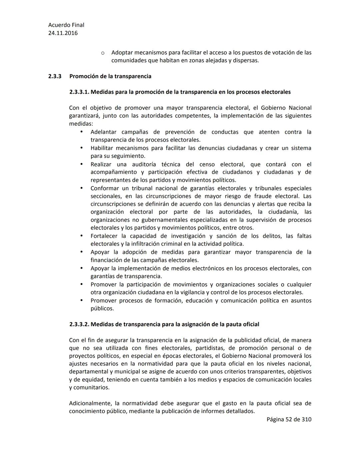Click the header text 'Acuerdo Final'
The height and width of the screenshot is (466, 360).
coord(66,25)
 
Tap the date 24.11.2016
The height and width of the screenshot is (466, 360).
coord(63,33)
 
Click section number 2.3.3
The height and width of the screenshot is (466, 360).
coord(55,76)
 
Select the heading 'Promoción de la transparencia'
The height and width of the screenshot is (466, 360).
coord(110,76)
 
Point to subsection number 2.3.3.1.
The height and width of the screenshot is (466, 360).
coord(79,92)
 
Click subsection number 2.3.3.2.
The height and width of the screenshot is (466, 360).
coord(79,324)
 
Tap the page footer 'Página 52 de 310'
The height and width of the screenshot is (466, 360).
coord(289,419)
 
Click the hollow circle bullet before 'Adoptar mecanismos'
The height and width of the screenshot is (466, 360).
coord(103,53)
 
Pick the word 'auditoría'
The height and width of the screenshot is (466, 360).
coord(144,164)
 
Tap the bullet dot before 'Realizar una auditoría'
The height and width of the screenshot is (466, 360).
coord(81,164)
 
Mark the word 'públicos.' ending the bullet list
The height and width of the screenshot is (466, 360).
coord(102,309)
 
